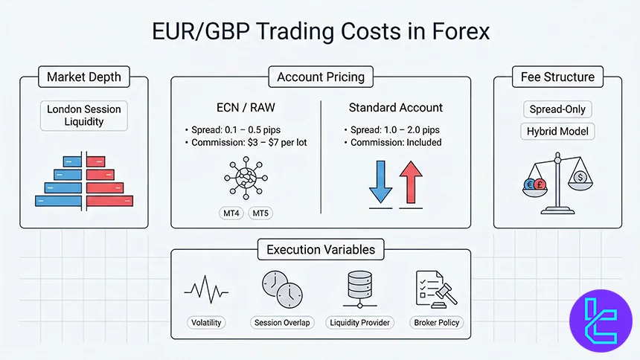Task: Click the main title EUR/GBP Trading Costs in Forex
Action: point(320,33)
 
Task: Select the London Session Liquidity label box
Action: point(84,116)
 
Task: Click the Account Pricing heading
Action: point(320,77)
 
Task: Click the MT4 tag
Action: point(231,214)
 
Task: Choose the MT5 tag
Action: point(260,214)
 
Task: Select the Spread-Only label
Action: point(557,109)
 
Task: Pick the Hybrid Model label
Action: point(557,131)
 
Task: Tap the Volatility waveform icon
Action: point(206,289)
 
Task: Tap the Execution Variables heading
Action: point(320,250)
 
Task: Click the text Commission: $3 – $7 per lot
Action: point(246,142)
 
